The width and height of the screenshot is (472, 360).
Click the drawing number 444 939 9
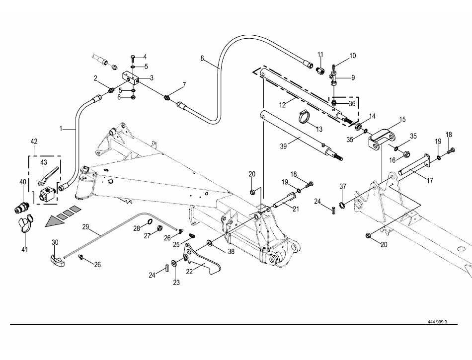tap(437, 321)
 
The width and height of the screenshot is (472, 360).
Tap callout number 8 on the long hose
tap(202, 59)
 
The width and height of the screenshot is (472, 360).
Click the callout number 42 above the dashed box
tap(34, 142)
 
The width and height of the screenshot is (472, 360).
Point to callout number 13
tap(319, 129)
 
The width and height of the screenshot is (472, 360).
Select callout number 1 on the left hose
tap(61, 129)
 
